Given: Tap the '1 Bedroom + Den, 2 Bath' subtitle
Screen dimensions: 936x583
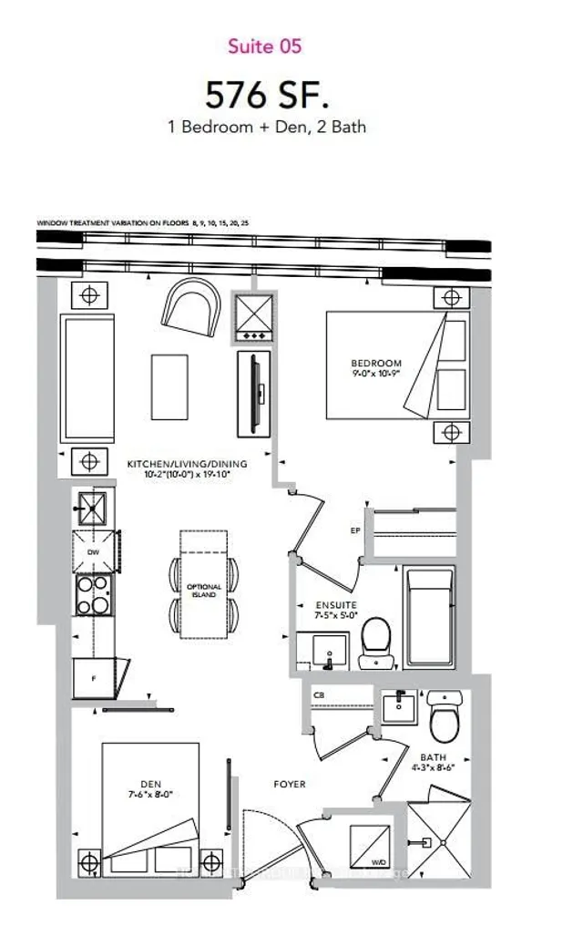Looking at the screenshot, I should pyautogui.click(x=267, y=127).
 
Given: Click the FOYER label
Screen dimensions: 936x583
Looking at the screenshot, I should pyautogui.click(x=290, y=784).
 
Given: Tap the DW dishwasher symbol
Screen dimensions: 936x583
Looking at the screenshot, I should pyautogui.click(x=92, y=552).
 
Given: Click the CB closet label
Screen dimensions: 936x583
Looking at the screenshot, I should pyautogui.click(x=318, y=694).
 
